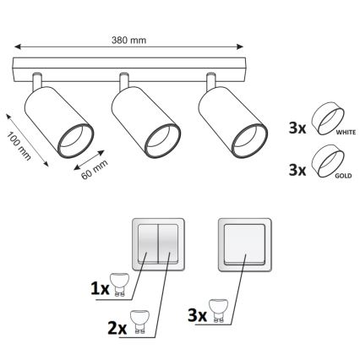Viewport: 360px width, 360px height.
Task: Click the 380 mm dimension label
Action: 128,41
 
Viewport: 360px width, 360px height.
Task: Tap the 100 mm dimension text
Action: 19,146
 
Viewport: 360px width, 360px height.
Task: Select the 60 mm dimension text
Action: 95,169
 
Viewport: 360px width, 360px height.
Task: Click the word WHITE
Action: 346,132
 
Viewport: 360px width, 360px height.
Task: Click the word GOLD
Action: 343,176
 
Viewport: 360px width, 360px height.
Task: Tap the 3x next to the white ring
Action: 297,128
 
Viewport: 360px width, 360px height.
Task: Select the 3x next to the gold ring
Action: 297,170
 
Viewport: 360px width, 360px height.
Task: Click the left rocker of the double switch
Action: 148,243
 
